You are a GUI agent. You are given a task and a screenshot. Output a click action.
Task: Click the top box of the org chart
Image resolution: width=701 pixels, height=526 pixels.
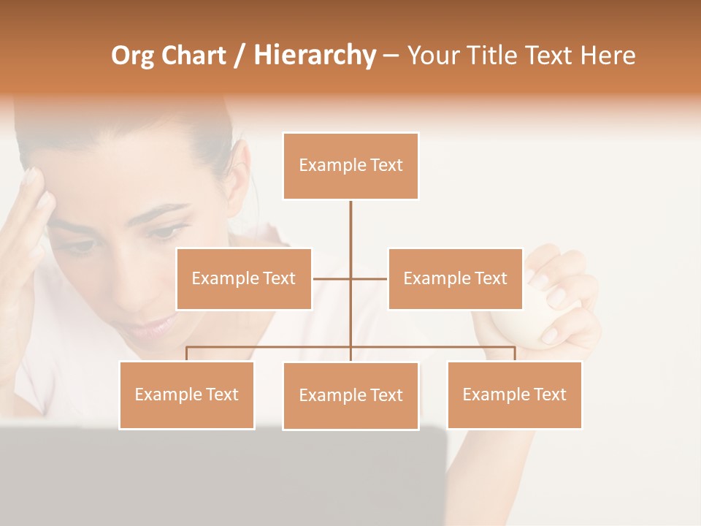click(350, 166)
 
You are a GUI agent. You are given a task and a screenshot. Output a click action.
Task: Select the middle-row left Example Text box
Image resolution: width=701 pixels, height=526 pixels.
click(244, 278)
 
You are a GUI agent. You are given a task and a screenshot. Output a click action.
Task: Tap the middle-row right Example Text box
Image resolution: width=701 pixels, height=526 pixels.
click(455, 278)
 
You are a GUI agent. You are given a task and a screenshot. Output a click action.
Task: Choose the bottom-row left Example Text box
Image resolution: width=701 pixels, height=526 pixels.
click(187, 394)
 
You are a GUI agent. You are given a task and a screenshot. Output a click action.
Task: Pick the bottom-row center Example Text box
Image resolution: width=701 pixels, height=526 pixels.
click(350, 395)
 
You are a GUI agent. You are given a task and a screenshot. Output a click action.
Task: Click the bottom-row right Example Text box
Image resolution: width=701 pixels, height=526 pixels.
click(514, 394)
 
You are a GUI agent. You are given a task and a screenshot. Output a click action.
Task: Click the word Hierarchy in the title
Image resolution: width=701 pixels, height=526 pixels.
click(315, 56)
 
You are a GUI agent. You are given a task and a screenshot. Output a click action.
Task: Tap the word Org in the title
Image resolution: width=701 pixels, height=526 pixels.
click(133, 56)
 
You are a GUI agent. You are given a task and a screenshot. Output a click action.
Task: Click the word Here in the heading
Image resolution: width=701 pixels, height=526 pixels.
click(608, 56)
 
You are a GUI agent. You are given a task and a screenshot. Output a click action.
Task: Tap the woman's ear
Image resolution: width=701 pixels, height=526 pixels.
click(237, 175)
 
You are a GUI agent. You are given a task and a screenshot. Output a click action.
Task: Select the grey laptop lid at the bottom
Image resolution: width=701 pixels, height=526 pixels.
click(219, 475)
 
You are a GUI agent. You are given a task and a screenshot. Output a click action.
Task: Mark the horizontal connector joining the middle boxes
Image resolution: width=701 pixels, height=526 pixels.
click(332, 278)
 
